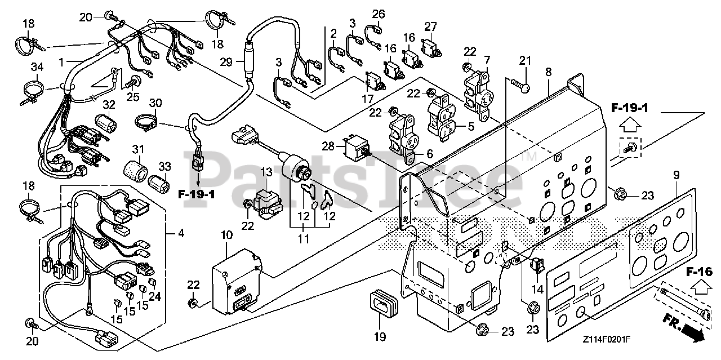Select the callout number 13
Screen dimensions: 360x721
tap(265, 172)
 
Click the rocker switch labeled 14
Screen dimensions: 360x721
tap(537, 264)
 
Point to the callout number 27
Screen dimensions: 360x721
tap(430, 26)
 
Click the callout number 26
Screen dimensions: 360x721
tap(377, 14)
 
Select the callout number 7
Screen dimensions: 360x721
tap(486, 60)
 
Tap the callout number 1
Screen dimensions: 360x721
tap(61, 60)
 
